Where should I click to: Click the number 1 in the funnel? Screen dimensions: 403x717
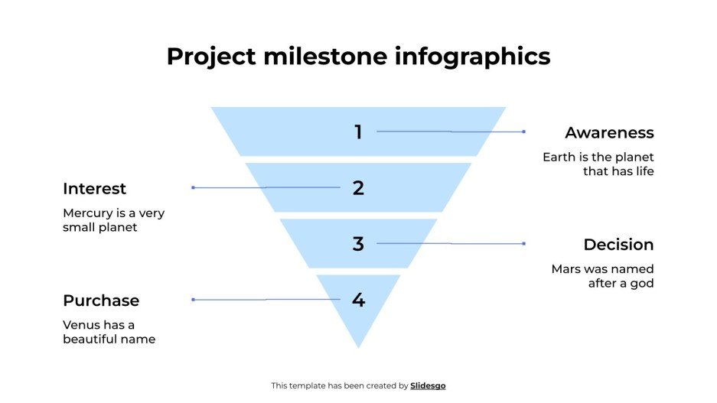pyautogui.click(x=357, y=132)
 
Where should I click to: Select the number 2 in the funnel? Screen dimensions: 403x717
pyautogui.click(x=358, y=188)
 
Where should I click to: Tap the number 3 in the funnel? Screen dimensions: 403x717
pyautogui.click(x=358, y=244)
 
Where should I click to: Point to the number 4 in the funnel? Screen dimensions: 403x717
pyautogui.click(x=358, y=300)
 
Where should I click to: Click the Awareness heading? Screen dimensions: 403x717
pyautogui.click(x=609, y=133)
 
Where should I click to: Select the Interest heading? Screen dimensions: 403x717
pyautogui.click(x=94, y=189)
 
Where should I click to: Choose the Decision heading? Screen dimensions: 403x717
pyautogui.click(x=618, y=245)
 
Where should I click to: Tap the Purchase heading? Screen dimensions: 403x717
pyautogui.click(x=101, y=301)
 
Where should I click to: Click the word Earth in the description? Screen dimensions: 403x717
pyautogui.click(x=558, y=158)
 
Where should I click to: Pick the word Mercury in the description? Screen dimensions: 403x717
pyautogui.click(x=88, y=213)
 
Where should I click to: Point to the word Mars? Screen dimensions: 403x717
pyautogui.click(x=567, y=269)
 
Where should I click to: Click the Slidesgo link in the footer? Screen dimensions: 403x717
pyautogui.click(x=428, y=386)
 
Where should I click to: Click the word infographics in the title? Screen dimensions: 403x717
pyautogui.click(x=473, y=57)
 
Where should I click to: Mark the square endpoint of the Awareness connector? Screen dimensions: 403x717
pyautogui.click(x=523, y=132)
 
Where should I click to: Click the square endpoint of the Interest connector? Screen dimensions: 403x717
pyautogui.click(x=193, y=187)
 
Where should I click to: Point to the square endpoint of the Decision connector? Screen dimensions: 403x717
pyautogui.click(x=523, y=243)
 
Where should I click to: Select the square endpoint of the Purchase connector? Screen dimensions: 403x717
pyautogui.click(x=193, y=299)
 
